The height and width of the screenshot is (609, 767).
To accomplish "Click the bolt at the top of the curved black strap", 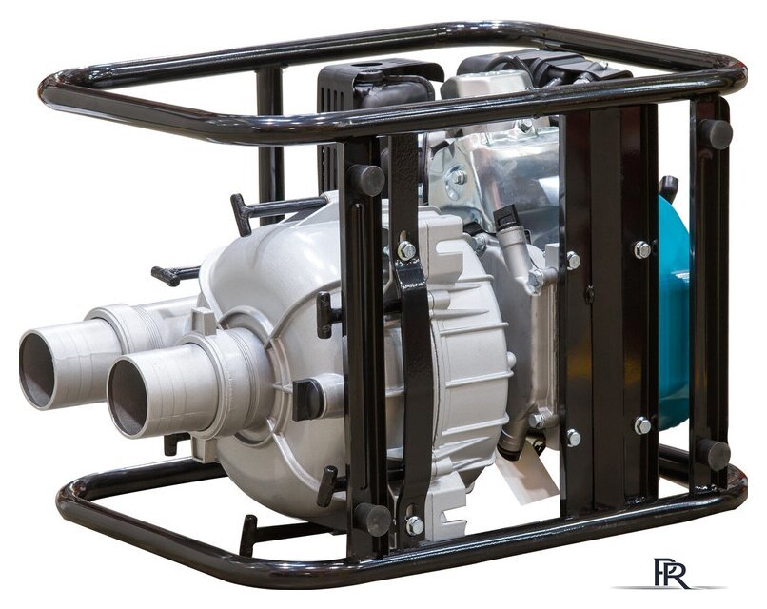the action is pyautogui.click(x=406, y=251).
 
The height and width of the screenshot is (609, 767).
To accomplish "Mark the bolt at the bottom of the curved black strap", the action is pyautogui.click(x=415, y=525).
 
